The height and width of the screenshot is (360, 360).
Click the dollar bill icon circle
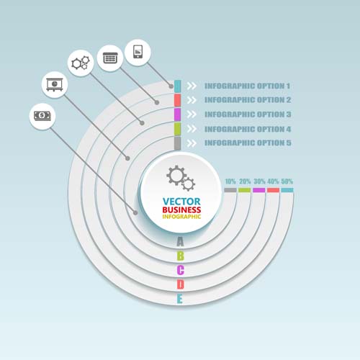coord(42,117)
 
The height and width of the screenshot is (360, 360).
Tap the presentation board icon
coord(55,85)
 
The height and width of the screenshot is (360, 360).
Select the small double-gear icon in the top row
coord(81,63)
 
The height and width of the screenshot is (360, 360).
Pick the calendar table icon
coord(110,58)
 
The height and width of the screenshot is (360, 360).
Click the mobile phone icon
coord(138,52)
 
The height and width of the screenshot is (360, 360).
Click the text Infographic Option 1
coord(247,86)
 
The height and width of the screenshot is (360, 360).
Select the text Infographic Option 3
coord(248,114)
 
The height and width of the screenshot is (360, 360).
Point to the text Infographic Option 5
coord(248,143)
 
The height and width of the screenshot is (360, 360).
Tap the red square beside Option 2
coord(177,100)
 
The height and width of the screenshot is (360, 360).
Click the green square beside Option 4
coord(177,129)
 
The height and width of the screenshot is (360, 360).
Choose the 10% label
coord(230,181)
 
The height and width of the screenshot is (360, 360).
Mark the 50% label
coord(287,181)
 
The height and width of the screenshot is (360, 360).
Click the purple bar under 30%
coord(259,190)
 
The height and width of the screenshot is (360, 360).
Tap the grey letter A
coord(180,241)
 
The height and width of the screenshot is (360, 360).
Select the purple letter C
coord(181,270)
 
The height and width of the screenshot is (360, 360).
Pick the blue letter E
coord(180,299)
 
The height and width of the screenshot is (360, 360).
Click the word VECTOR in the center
coord(181,202)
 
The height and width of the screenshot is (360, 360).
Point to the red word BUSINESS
coord(181,210)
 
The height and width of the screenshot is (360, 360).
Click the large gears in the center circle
coord(181,178)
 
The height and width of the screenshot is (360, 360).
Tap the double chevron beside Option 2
coord(192,100)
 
